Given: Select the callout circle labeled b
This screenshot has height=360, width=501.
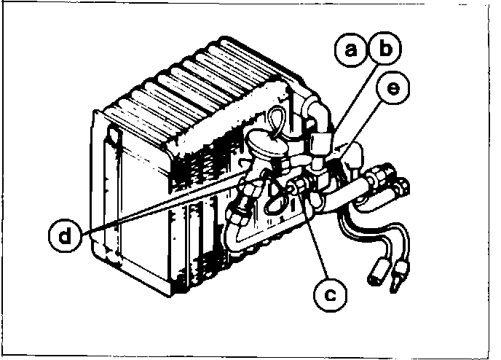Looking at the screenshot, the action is click(x=384, y=50).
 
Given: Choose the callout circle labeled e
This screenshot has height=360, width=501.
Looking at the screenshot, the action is click(x=393, y=90).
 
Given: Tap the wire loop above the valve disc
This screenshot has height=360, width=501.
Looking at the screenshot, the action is click(x=280, y=116).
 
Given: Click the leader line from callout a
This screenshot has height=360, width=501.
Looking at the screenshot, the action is click(x=342, y=95).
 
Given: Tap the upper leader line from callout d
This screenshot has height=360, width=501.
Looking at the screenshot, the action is click(x=160, y=203).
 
